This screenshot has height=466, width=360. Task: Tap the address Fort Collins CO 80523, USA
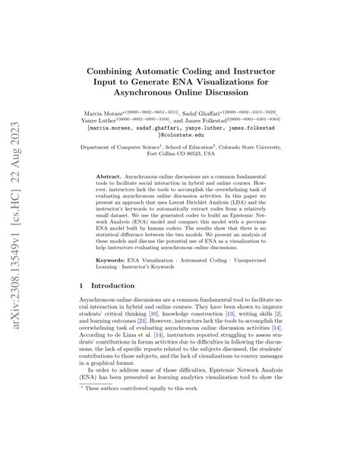tap(180, 160)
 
